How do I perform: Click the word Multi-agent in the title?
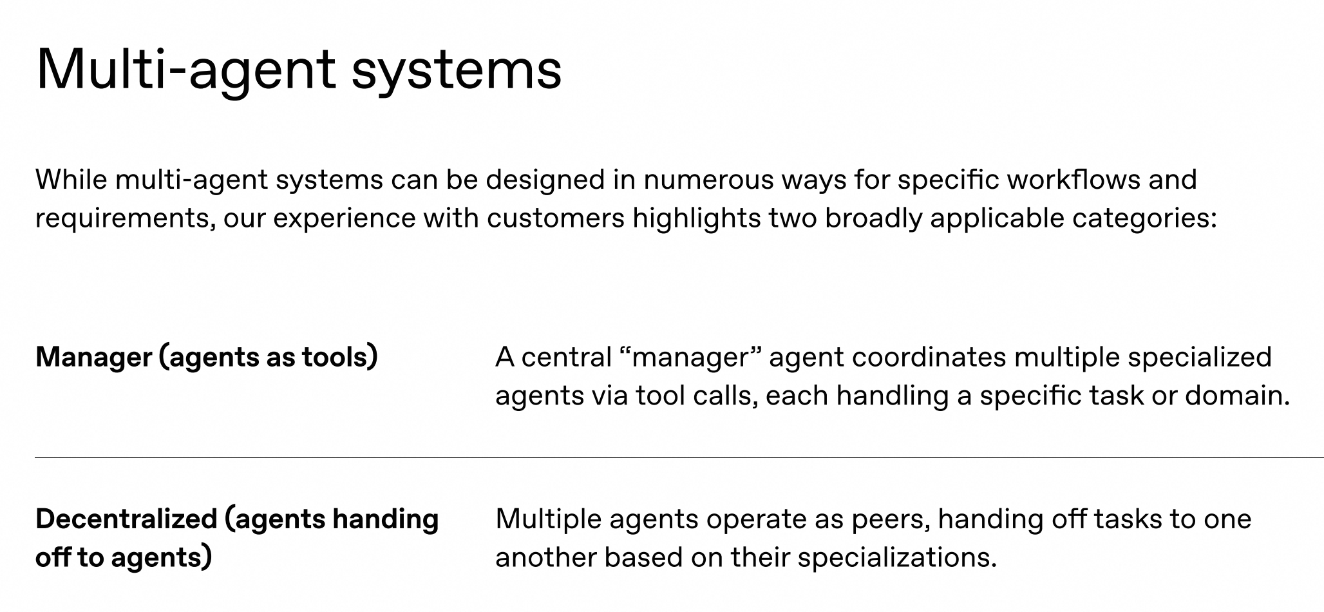pos(186,69)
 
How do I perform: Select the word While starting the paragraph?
pos(71,179)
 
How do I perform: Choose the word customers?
pos(556,218)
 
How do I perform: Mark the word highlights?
pos(697,218)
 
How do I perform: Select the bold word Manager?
pos(94,358)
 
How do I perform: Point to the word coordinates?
pos(929,358)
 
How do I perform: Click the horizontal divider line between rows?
pos(679,457)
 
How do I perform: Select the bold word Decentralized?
pos(126,519)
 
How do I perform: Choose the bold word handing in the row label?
pos(385,520)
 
